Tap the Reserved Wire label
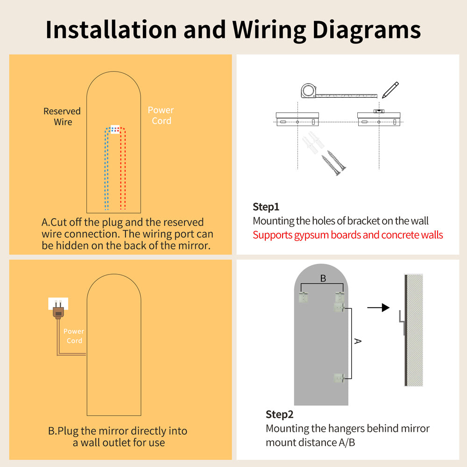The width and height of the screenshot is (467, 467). coord(62,116)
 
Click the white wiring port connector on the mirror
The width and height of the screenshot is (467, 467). coord(115,129)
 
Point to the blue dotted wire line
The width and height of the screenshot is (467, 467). coord(106,169)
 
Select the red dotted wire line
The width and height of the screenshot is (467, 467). coord(123,169)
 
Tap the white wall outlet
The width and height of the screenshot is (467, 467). coord(58,304)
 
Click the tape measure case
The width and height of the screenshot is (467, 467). coord(308,91)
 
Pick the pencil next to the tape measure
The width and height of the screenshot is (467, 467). coord(390,90)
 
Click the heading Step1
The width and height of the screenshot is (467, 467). coord(266,207)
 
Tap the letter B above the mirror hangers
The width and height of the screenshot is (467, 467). coord(323,278)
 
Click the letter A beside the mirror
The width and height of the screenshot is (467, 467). coord(358,341)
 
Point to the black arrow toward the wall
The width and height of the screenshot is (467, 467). coord(378,308)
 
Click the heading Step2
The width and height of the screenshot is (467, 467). coord(279,414)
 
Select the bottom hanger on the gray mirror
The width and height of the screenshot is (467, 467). coord(339,378)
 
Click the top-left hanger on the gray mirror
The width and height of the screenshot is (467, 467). coord(303,297)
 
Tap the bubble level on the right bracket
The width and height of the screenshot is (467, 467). coord(379,111)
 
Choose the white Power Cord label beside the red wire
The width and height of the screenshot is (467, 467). coord(161,115)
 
